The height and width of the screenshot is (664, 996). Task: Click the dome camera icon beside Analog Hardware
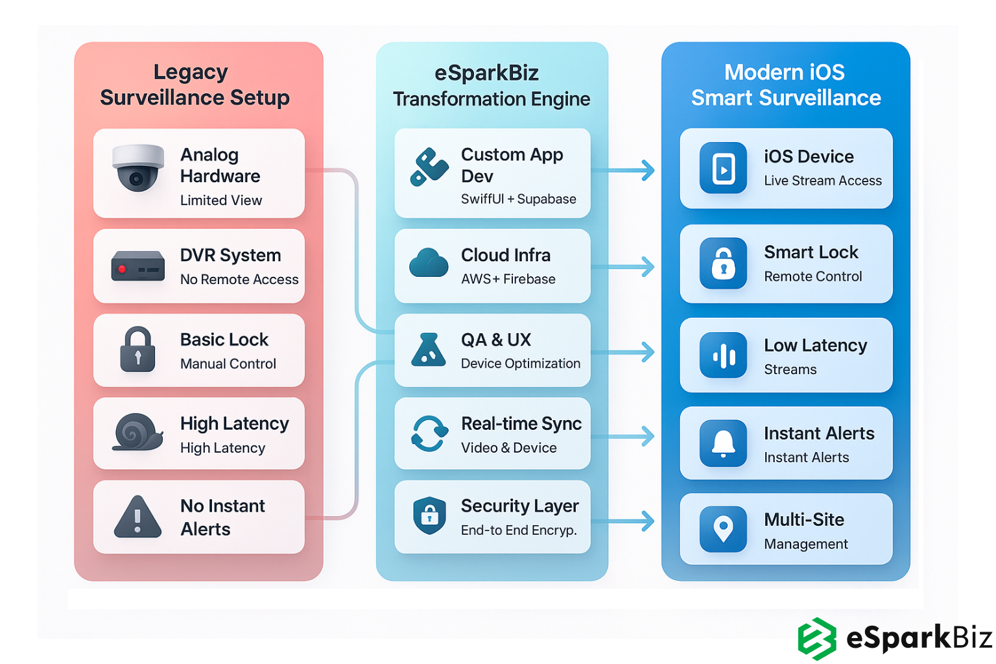(137, 169)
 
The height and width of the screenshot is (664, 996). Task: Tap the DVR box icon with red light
(137, 266)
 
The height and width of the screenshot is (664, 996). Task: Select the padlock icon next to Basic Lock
(137, 350)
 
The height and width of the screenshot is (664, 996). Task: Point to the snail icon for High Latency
(137, 432)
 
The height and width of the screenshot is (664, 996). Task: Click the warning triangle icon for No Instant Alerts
(137, 517)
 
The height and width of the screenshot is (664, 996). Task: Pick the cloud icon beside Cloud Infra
(429, 263)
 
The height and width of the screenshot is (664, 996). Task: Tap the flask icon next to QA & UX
(429, 350)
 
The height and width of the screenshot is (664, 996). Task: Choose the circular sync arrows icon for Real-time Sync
(429, 433)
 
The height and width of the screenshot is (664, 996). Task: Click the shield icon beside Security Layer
(429, 516)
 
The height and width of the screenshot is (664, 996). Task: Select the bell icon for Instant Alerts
(723, 444)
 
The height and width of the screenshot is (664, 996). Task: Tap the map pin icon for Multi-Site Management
(723, 528)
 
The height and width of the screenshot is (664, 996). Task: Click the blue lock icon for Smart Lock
(723, 264)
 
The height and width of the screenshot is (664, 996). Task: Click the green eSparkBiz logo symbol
(817, 639)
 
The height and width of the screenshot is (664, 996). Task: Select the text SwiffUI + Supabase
(518, 199)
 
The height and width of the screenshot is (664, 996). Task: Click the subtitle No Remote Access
(239, 279)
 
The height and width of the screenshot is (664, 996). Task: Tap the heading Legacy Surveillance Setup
(195, 85)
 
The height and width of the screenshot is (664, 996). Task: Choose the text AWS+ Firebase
(508, 279)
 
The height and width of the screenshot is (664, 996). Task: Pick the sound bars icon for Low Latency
(723, 355)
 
